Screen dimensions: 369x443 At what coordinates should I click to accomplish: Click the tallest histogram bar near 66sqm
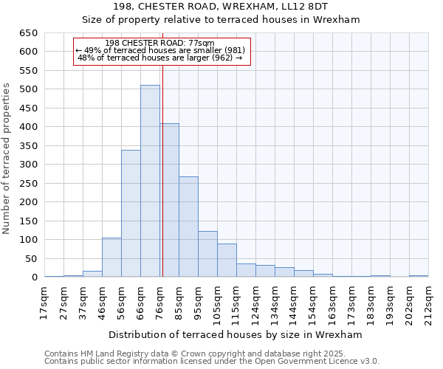[x=150, y=182]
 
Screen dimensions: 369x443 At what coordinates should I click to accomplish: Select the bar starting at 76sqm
[x=169, y=201]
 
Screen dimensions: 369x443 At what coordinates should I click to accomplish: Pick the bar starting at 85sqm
[x=188, y=227]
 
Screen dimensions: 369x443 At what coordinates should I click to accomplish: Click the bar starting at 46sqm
[x=111, y=258]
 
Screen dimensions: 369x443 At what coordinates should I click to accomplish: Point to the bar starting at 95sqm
[x=207, y=255]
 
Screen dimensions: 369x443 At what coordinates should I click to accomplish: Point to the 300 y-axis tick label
[x=28, y=165]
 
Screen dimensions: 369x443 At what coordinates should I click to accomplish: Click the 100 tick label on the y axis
[x=28, y=240]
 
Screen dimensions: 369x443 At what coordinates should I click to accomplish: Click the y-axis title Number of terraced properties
[x=7, y=159]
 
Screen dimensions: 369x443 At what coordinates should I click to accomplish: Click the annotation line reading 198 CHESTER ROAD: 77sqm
[x=160, y=43]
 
